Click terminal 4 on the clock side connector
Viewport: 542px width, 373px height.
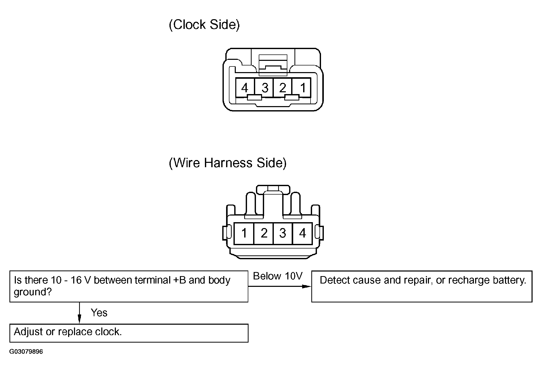click(x=245, y=87)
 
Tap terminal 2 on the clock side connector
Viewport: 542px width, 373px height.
click(x=282, y=87)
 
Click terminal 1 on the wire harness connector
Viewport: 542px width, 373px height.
click(x=244, y=233)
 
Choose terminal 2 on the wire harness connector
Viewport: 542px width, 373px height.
click(x=264, y=233)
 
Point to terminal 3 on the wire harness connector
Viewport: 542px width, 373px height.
click(x=283, y=233)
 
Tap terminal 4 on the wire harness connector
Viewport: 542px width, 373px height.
click(x=302, y=233)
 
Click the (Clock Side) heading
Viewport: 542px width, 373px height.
click(x=204, y=25)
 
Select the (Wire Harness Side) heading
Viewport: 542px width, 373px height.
click(x=228, y=163)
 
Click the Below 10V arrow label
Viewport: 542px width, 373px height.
click(x=278, y=276)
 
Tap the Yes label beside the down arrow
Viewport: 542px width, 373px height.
click(x=99, y=313)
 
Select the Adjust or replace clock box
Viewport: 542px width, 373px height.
click(x=129, y=333)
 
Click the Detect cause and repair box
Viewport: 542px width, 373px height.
click(x=422, y=286)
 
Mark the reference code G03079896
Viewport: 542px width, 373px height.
click(x=26, y=352)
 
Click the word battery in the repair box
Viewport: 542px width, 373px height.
click(x=508, y=280)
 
